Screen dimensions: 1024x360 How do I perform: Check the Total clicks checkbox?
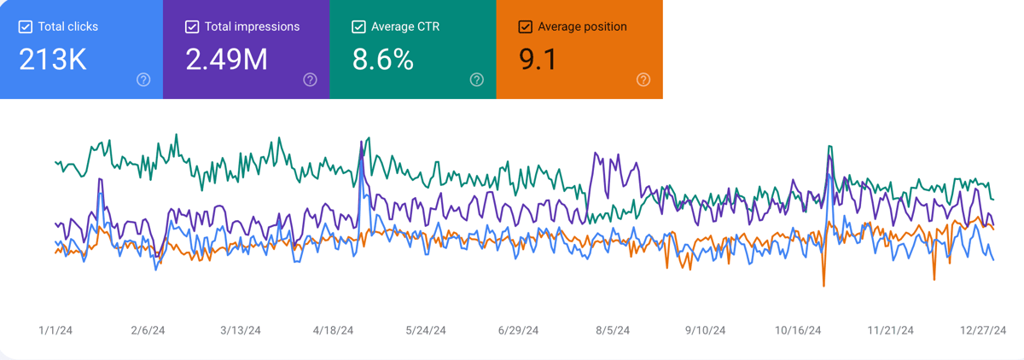pyautogui.click(x=25, y=27)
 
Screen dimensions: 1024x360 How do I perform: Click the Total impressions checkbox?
pyautogui.click(x=192, y=27)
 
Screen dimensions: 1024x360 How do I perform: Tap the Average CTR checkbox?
pyautogui.click(x=358, y=27)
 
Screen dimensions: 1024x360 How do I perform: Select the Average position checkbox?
pyautogui.click(x=526, y=27)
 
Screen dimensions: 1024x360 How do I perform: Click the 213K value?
pyautogui.click(x=53, y=60)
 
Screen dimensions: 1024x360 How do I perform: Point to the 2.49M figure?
pyautogui.click(x=226, y=60)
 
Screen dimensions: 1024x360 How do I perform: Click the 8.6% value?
pyautogui.click(x=383, y=60)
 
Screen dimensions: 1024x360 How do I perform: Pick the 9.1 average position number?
pyautogui.click(x=538, y=60)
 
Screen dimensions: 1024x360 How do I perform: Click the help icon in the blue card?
pyautogui.click(x=143, y=80)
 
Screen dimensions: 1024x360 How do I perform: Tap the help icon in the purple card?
pyautogui.click(x=310, y=80)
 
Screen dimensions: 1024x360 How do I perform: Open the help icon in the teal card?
pyautogui.click(x=477, y=80)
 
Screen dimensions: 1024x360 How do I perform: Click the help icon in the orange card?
pyautogui.click(x=643, y=80)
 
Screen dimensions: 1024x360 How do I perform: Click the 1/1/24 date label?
pyautogui.click(x=55, y=330)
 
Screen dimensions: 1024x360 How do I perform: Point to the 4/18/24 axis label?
pyautogui.click(x=333, y=330)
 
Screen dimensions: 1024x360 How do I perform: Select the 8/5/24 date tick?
pyautogui.click(x=613, y=330)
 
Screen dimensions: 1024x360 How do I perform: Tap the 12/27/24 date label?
pyautogui.click(x=983, y=330)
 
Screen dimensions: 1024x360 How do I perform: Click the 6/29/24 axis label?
pyautogui.click(x=518, y=330)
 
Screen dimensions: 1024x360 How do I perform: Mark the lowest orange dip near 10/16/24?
pyautogui.click(x=823, y=286)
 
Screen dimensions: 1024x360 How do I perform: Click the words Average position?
pyautogui.click(x=582, y=26)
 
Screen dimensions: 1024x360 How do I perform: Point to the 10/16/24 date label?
pyautogui.click(x=798, y=330)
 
